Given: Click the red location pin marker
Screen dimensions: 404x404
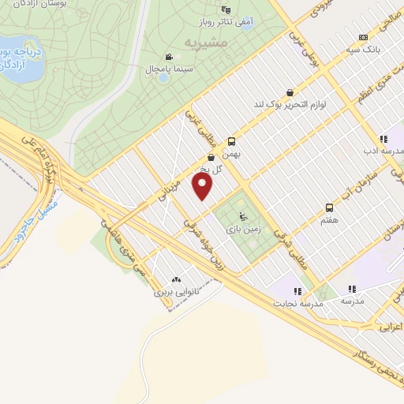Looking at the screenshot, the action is (204, 186).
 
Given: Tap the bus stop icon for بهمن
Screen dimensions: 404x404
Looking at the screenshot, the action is (230, 142).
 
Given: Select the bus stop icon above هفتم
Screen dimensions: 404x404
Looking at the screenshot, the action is (329, 208).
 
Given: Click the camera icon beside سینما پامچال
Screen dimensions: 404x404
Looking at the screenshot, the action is (169, 57).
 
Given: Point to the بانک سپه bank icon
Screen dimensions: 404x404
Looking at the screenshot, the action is (362, 37).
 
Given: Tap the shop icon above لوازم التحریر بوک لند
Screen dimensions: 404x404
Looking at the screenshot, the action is (290, 92).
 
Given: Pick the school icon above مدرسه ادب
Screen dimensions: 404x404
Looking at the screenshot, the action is (383, 138).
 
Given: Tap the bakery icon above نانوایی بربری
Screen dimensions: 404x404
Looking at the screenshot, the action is (175, 279).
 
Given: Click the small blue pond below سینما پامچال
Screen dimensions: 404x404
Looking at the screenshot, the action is (162, 77).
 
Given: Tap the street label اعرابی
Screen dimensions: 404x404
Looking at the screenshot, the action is (388, 325).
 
